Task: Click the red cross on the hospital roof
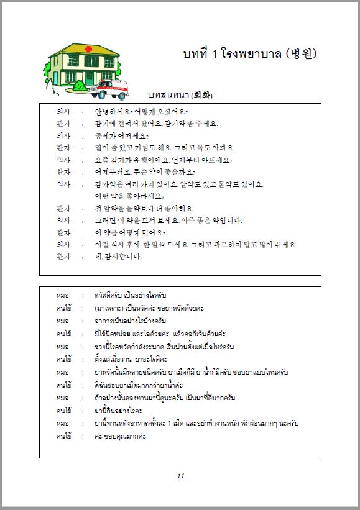pyautogui.click(x=72, y=49)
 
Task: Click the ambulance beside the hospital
pyautogui.click(x=108, y=88)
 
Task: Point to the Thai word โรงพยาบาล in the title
pyautogui.click(x=251, y=53)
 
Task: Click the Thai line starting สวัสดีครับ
pyautogui.click(x=131, y=294)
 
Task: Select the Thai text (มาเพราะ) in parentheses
pyautogui.click(x=108, y=307)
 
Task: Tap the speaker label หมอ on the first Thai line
pyautogui.click(x=62, y=294)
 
